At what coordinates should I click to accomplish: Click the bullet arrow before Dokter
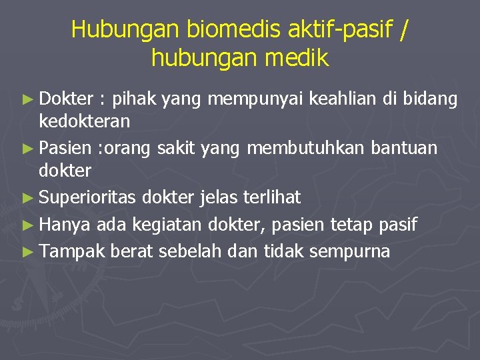click(x=26, y=100)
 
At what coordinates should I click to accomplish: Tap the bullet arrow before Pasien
click(x=26, y=148)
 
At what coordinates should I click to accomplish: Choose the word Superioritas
click(x=87, y=197)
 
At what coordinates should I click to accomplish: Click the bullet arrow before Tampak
click(x=26, y=252)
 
